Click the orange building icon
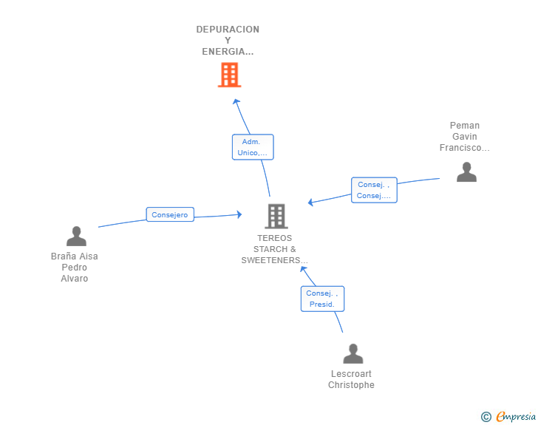229,75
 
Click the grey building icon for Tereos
276,217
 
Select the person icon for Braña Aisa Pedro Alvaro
76,237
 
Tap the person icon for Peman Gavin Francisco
466,171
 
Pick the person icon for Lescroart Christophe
353,353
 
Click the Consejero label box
170,214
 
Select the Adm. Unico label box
253,147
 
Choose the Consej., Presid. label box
322,299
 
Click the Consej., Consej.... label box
374,190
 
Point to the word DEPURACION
228,30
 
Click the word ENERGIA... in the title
228,52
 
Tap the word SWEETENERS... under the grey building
274,260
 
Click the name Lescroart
351,373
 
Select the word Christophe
351,385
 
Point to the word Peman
465,126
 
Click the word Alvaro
75,279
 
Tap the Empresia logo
516,416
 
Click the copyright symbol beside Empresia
486,417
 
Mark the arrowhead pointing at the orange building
236,101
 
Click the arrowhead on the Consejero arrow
239,214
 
